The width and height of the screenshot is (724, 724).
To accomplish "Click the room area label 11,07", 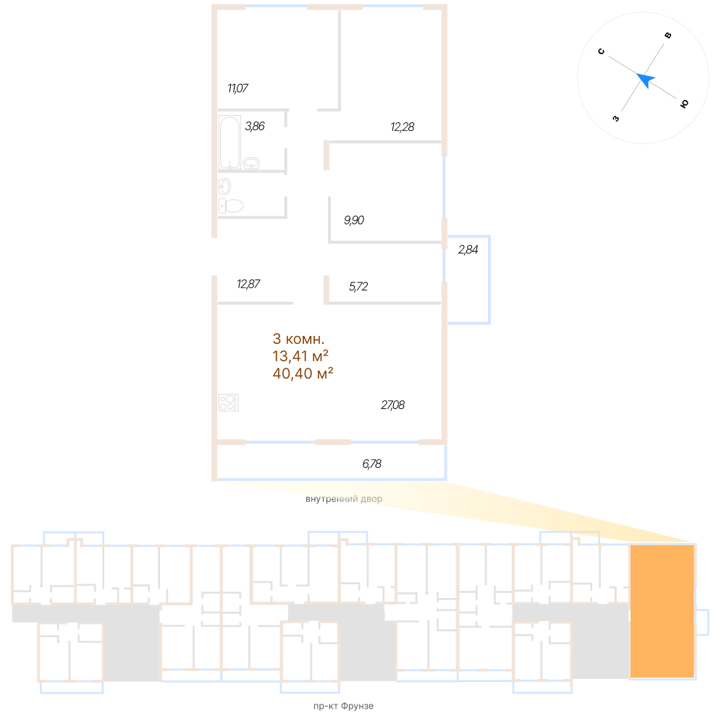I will (x=238, y=89).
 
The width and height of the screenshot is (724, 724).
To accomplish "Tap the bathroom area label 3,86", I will (x=255, y=126).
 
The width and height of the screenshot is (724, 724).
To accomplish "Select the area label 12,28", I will (x=402, y=127).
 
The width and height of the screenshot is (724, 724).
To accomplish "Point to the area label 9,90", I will (x=354, y=220).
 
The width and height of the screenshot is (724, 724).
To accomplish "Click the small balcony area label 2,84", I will (x=468, y=251).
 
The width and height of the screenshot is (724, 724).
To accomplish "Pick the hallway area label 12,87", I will (x=248, y=284).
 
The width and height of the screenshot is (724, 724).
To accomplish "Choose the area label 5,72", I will (x=358, y=287).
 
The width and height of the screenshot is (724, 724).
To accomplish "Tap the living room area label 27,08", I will (x=392, y=405).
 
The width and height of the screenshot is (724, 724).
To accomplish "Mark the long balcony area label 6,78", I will (x=371, y=464).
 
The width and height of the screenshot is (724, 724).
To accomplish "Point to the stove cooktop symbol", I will (x=228, y=403).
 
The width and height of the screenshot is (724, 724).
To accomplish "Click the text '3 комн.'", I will (x=298, y=338).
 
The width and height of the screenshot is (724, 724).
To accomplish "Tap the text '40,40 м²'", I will (x=302, y=374).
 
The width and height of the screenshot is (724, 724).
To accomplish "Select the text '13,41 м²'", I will (x=300, y=355).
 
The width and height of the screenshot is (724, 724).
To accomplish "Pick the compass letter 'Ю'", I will (x=683, y=104).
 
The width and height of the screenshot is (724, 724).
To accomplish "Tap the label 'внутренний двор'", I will (x=344, y=500).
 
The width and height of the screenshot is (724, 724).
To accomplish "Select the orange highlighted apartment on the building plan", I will (x=662, y=611).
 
